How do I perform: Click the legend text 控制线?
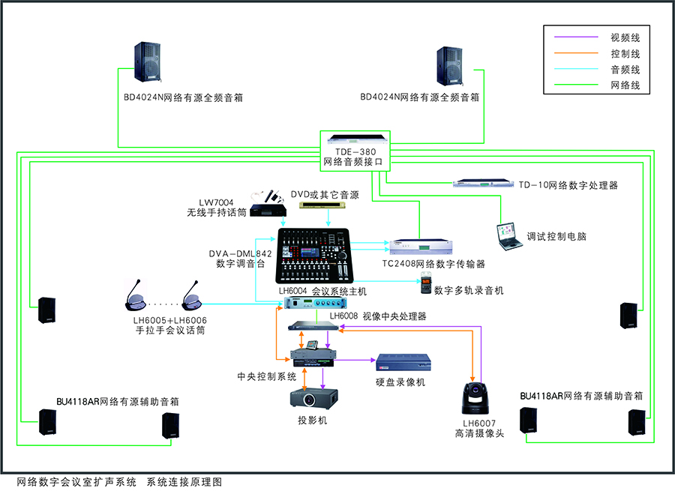tap(625, 54)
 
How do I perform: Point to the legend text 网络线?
tap(625, 86)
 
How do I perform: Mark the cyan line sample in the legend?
tap(576, 70)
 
